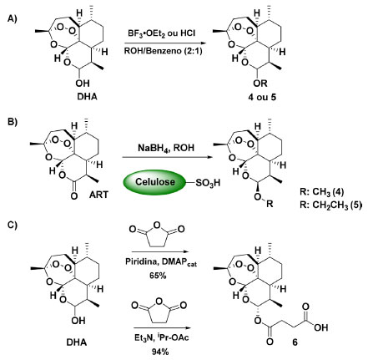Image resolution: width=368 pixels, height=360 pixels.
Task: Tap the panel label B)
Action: click(x=12, y=122)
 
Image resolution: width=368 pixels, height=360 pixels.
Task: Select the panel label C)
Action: click(x=12, y=225)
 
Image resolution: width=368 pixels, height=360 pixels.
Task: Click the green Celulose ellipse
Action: click(x=154, y=182)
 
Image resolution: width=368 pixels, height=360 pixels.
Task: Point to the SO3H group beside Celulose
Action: click(x=208, y=183)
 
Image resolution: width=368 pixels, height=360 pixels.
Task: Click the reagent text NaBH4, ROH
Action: click(x=166, y=148)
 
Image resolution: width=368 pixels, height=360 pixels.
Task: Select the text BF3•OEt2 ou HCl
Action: click(x=161, y=33)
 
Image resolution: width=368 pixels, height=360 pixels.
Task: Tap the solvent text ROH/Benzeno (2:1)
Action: click(x=164, y=51)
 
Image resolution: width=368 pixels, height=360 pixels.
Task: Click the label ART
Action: click(x=98, y=195)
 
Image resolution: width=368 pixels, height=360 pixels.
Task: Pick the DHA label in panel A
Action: click(x=87, y=97)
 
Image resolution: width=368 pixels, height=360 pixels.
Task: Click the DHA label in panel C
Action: click(x=77, y=342)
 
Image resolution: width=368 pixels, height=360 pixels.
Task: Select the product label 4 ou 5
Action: click(x=262, y=97)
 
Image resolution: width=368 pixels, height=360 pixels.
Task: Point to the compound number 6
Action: click(x=295, y=342)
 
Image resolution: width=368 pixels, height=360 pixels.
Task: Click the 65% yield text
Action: click(x=158, y=276)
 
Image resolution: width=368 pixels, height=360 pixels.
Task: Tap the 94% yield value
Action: click(x=160, y=352)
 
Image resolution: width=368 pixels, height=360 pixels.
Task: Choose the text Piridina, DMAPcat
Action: click(x=161, y=262)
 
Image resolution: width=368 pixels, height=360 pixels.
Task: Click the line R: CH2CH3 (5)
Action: click(x=330, y=205)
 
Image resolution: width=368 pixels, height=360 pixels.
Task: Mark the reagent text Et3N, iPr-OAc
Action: click(x=161, y=337)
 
